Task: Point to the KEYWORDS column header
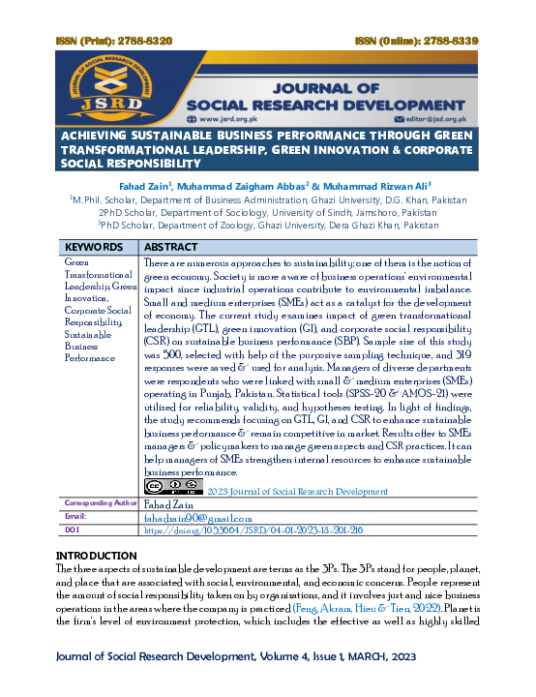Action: click(94, 248)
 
